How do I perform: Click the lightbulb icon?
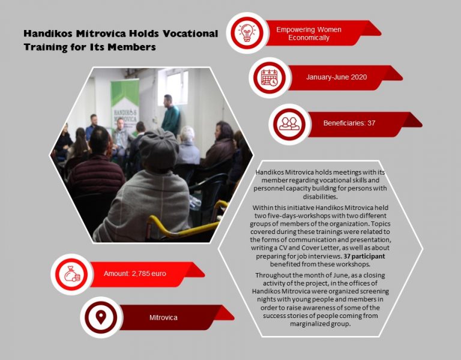click(247, 32)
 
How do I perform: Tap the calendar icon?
click(270, 77)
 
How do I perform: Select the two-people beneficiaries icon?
click(289, 124)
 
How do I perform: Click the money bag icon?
click(72, 274)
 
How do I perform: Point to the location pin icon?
click(101, 317)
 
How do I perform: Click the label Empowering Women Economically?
click(309, 34)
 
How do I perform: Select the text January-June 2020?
click(336, 77)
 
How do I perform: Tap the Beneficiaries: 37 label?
click(349, 123)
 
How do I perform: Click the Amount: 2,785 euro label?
click(134, 274)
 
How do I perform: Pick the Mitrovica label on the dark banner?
click(163, 317)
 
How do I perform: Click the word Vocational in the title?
click(190, 34)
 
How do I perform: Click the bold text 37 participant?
click(364, 256)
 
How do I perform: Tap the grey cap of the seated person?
click(159, 148)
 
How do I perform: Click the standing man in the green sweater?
click(170, 115)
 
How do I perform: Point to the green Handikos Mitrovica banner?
click(125, 104)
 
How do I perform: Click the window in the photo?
click(173, 86)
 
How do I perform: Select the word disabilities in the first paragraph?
click(320, 196)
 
